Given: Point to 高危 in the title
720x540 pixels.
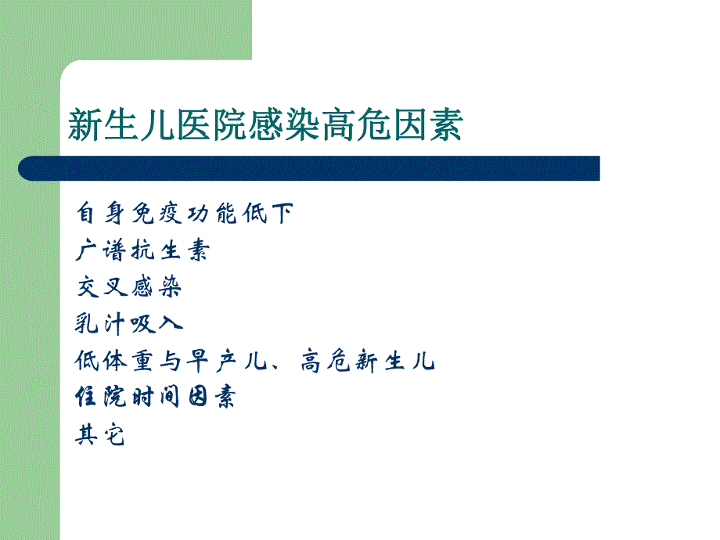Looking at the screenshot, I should (x=363, y=124).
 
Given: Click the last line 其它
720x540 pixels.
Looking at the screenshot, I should (x=100, y=434).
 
